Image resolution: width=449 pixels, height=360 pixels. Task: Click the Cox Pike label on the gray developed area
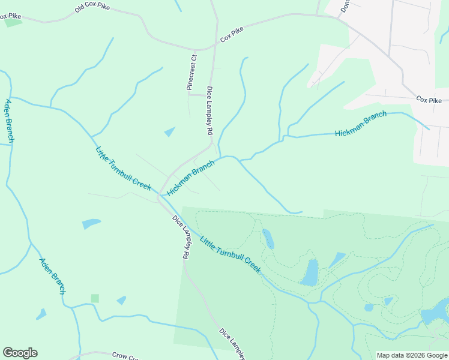tap(429, 100)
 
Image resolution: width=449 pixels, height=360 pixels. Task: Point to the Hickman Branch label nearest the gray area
tap(360, 124)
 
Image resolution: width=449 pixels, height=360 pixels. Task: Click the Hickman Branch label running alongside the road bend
tap(191, 178)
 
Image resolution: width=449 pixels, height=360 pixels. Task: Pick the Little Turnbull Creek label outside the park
tap(123, 169)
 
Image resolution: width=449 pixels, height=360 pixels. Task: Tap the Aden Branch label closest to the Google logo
tap(52, 276)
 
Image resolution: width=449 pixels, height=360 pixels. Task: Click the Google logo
tap(20, 353)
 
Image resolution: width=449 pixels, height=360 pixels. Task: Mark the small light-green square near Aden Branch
tap(95, 298)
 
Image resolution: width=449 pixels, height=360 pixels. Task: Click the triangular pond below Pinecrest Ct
tap(170, 131)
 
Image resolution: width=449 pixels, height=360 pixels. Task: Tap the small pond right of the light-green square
tap(122, 300)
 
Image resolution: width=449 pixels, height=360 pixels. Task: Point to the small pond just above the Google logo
tap(41, 314)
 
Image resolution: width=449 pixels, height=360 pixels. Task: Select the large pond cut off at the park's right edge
tap(437, 312)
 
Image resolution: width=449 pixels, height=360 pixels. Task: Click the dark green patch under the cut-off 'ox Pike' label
tap(13, 23)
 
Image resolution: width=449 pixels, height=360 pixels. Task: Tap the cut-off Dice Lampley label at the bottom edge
tap(234, 344)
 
